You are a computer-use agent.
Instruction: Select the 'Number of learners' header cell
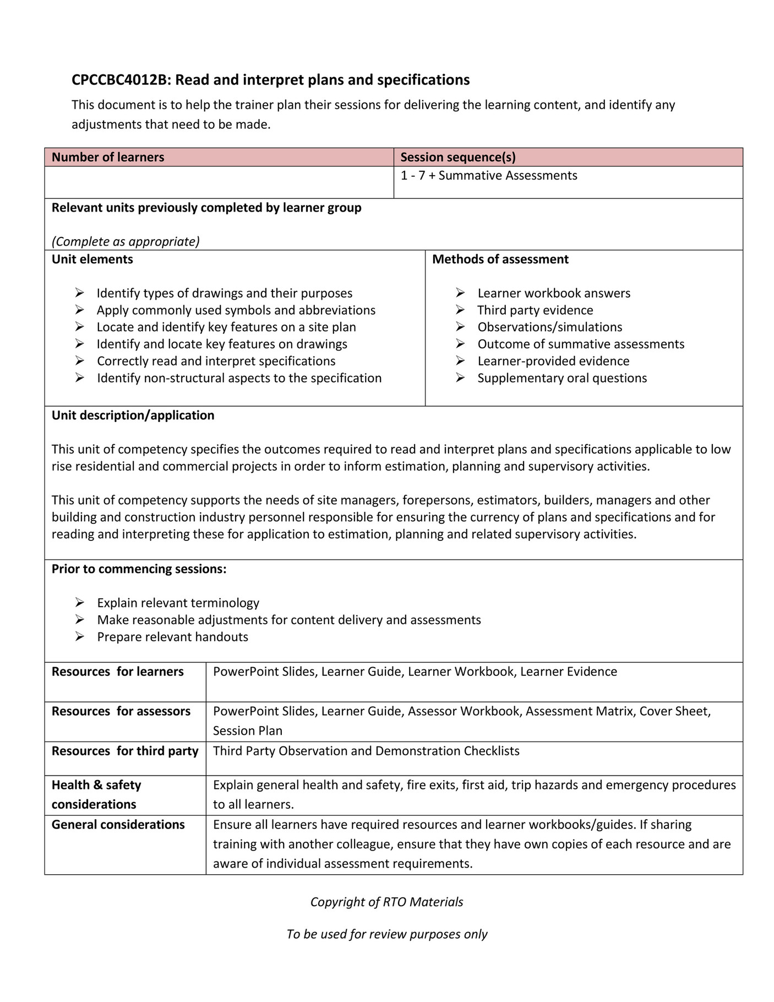coord(108,158)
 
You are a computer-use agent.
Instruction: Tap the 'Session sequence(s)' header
coord(457,158)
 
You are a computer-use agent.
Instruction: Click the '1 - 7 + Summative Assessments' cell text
coord(488,176)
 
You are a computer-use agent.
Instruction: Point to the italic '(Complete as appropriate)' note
coord(126,242)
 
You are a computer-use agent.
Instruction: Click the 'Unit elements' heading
coord(92,259)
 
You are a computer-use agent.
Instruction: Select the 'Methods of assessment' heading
coord(500,259)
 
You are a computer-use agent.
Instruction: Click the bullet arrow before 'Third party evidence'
coord(460,310)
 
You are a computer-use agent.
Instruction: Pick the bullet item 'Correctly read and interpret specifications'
coord(216,361)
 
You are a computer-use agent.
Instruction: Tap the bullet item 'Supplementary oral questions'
coord(562,378)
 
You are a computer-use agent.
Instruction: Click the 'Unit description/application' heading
coord(133,415)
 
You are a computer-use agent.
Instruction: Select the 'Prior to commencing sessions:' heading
coord(139,569)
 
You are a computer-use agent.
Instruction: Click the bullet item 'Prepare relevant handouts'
coord(172,637)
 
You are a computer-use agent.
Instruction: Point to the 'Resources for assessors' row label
coord(121,712)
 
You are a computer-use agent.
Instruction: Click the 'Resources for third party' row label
coord(124,751)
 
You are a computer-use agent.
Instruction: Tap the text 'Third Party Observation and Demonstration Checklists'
coord(366,751)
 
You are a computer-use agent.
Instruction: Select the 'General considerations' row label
coord(118,825)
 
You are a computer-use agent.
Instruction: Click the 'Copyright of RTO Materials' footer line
coord(386,902)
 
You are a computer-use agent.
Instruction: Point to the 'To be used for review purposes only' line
coord(386,934)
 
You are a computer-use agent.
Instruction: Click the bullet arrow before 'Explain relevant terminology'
coord(79,603)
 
